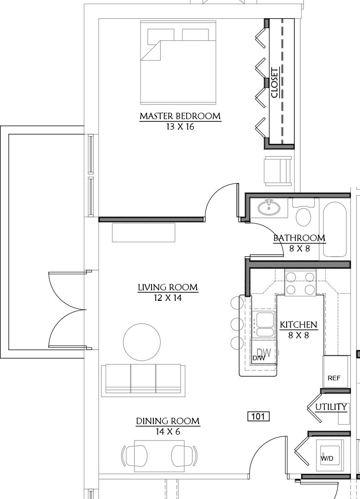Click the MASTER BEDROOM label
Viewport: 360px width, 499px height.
[180, 116]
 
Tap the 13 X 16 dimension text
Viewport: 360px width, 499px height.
[180, 127]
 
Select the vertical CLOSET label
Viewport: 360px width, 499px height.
[275, 83]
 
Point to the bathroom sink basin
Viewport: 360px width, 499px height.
[269, 208]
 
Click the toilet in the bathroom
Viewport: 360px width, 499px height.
[303, 213]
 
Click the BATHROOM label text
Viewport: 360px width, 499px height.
[299, 238]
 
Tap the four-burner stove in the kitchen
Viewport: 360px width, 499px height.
[300, 283]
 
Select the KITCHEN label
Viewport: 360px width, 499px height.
[298, 325]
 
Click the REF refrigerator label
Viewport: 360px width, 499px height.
[334, 378]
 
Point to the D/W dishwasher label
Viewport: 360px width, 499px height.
[259, 358]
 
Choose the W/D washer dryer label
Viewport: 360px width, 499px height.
[327, 458]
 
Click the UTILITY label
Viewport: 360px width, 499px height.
[331, 407]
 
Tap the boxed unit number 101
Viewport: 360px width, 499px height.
[258, 416]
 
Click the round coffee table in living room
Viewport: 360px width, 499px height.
[142, 342]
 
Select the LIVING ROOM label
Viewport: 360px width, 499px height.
[167, 288]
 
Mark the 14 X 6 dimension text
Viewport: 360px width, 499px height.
[168, 432]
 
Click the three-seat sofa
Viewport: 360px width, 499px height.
[143, 381]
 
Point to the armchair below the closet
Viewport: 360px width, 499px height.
[278, 171]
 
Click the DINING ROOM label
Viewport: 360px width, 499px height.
[168, 421]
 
